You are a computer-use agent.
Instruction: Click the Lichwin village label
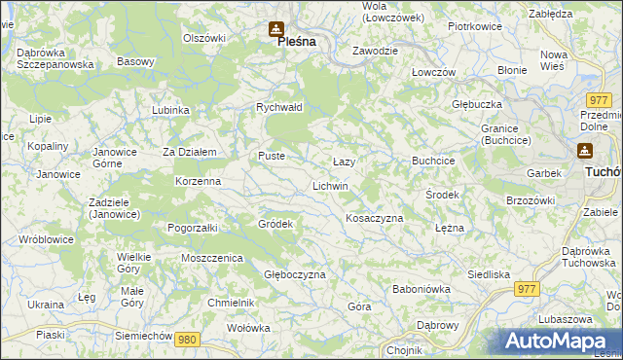[330, 185]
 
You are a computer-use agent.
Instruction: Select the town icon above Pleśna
[277, 28]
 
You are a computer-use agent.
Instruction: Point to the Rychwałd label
[279, 107]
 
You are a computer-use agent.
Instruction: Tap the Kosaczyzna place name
[374, 218]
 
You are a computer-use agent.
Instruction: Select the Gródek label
[275, 224]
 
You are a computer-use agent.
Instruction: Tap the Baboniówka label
[421, 289]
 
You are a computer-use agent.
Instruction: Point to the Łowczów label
[434, 72]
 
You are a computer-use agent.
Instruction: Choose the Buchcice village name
[434, 160]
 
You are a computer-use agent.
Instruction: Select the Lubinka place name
[170, 110]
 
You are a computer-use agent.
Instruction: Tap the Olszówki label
[204, 38]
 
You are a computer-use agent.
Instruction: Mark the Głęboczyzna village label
[295, 274]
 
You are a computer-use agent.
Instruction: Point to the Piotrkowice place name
[475, 26]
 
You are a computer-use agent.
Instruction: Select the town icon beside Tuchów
[585, 152]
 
